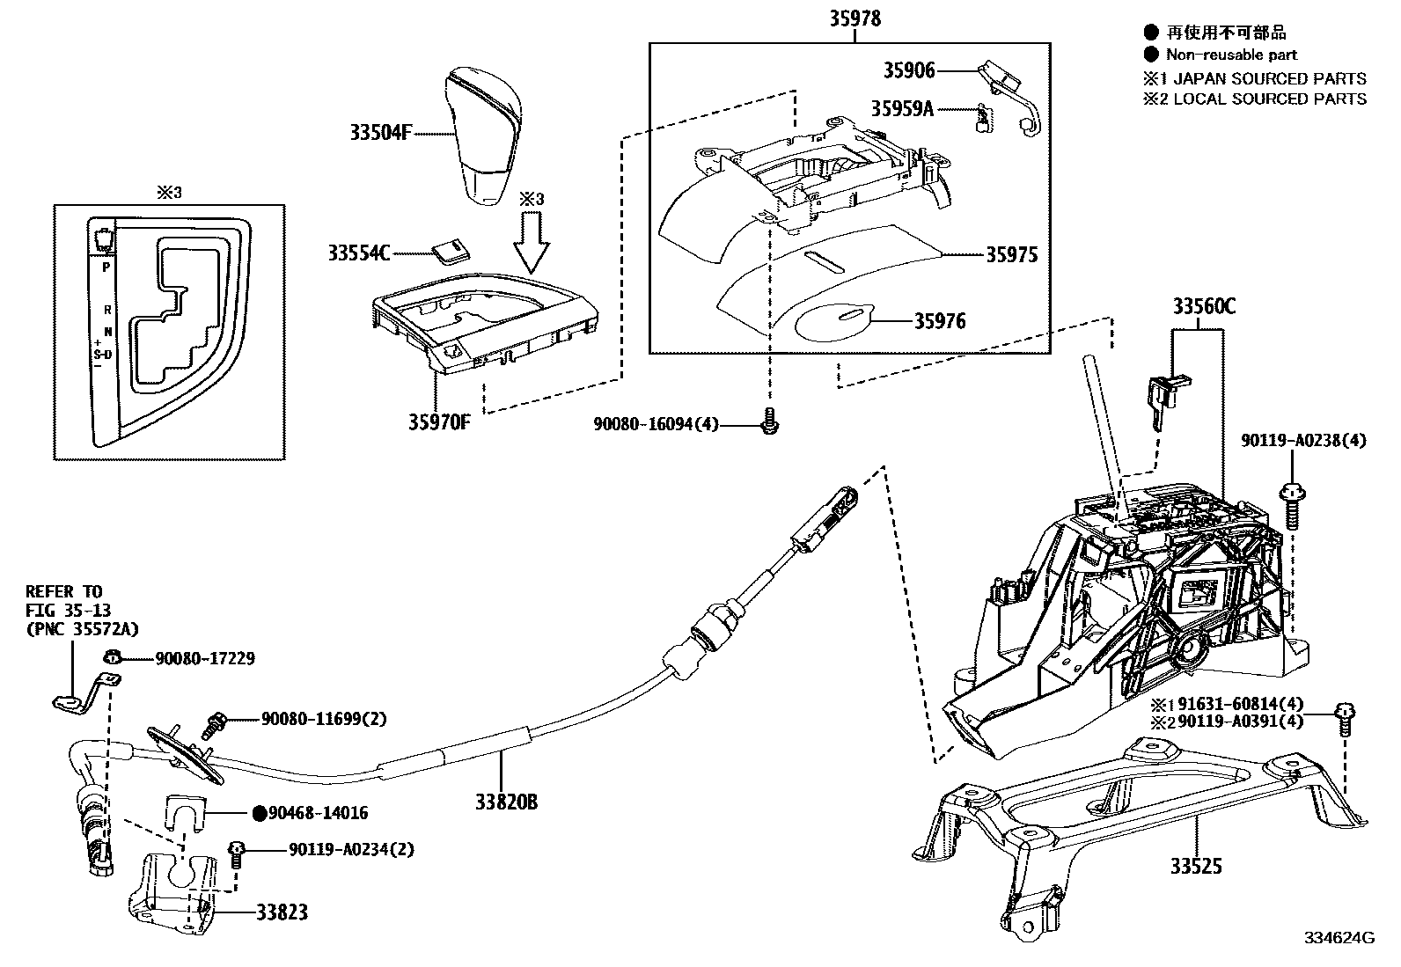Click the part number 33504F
(381, 134)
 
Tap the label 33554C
(358, 253)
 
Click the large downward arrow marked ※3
(531, 245)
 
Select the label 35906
(909, 70)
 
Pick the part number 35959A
(902, 108)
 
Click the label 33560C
(1203, 306)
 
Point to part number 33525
(1196, 867)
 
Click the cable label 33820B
(506, 802)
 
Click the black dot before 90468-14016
(259, 814)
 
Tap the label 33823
(282, 912)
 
